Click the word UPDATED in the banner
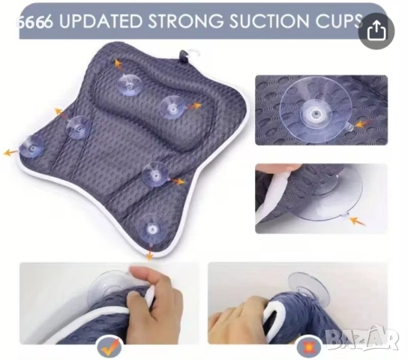(x=101, y=20)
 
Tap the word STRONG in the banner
(x=185, y=20)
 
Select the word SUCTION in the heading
(x=270, y=20)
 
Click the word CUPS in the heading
(x=339, y=20)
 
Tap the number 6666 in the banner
(x=34, y=21)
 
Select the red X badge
(x=308, y=347)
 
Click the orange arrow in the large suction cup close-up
(x=362, y=124)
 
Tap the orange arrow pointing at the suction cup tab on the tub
(x=357, y=221)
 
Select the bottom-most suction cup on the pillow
(x=152, y=229)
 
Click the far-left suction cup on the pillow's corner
(x=31, y=147)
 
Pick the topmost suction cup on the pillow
(x=129, y=84)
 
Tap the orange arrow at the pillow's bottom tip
(x=149, y=253)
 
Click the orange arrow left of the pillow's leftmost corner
(x=11, y=152)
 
